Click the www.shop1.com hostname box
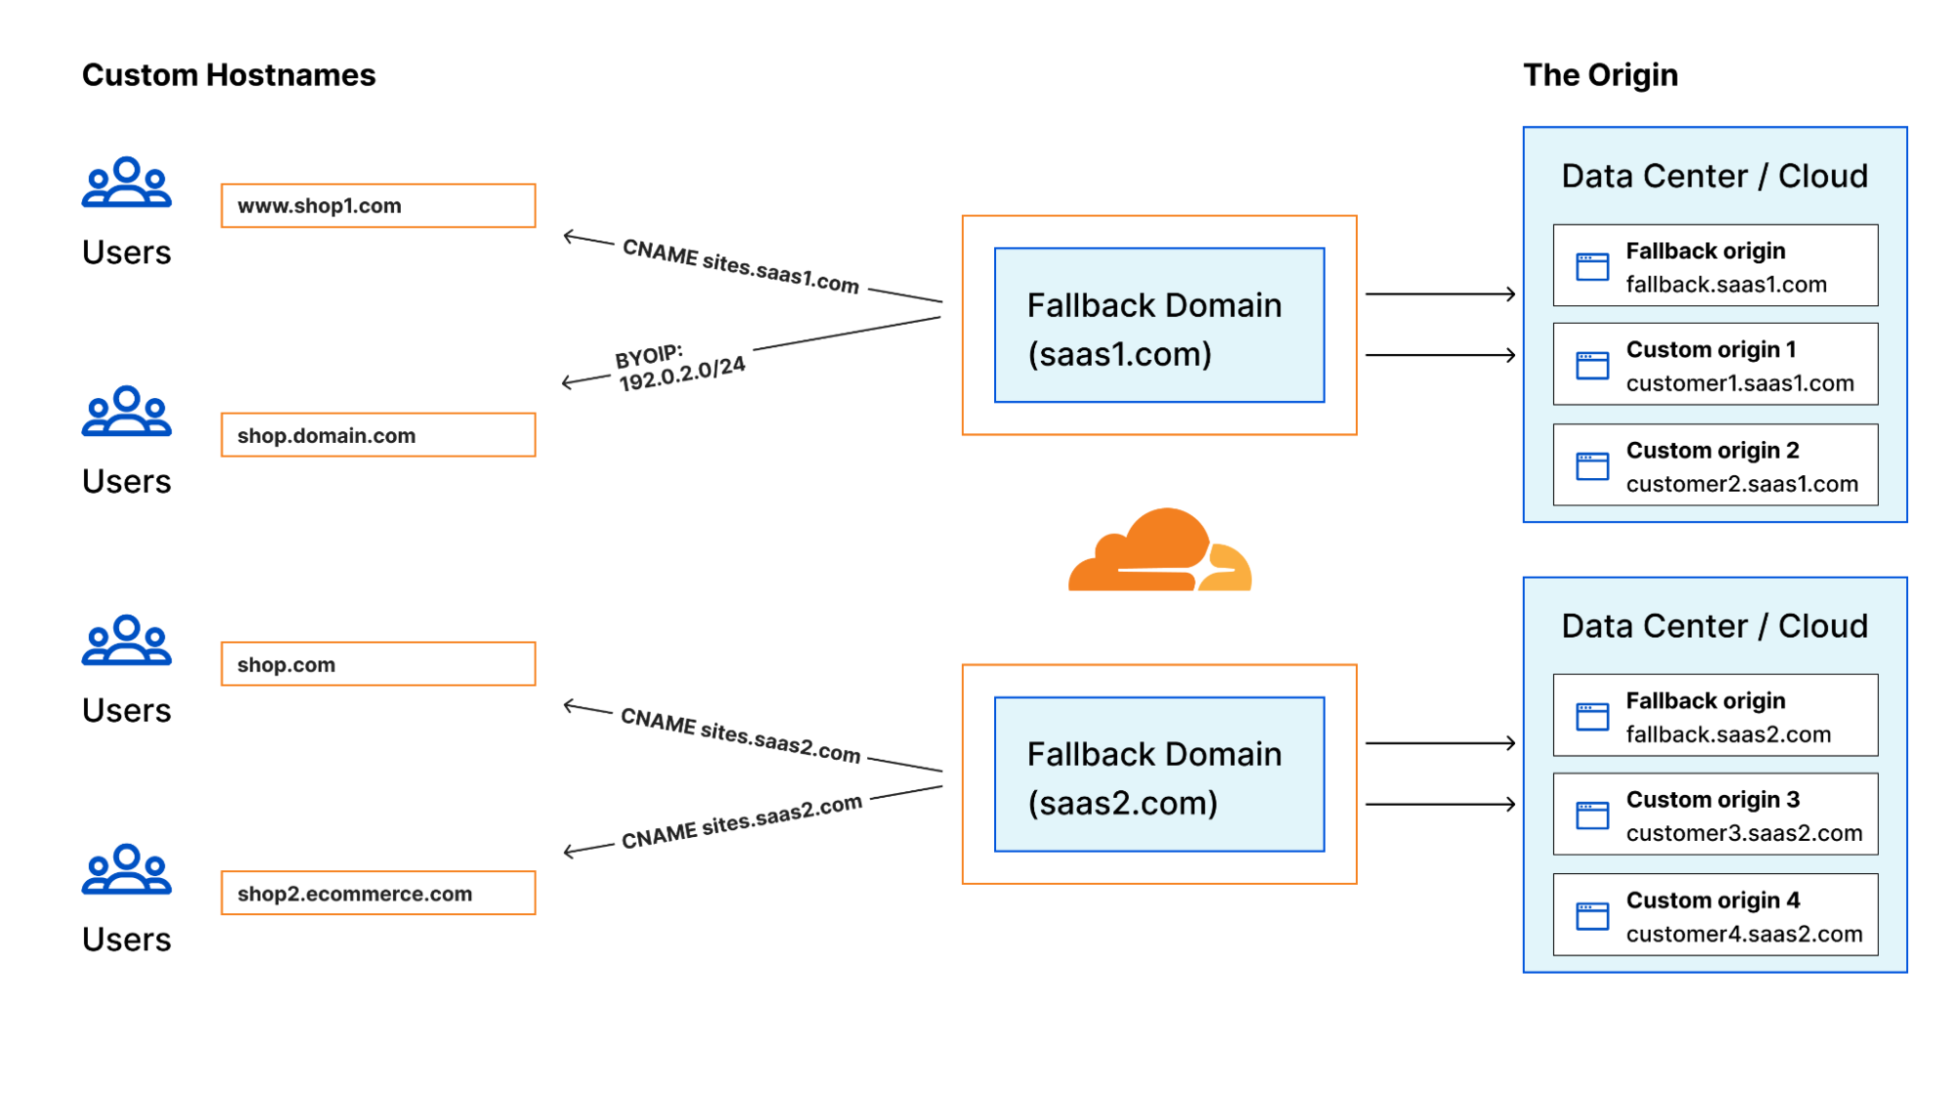pyautogui.click(x=377, y=205)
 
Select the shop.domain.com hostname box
pyautogui.click(x=377, y=435)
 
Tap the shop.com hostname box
pyautogui.click(x=377, y=664)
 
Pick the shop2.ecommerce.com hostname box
pyautogui.click(x=377, y=893)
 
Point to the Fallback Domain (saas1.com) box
pyautogui.click(x=1159, y=326)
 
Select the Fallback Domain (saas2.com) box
pyautogui.click(x=1159, y=774)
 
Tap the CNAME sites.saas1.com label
pyautogui.click(x=740, y=265)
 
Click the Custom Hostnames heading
pyautogui.click(x=229, y=75)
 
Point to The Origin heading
pyautogui.click(x=1600, y=75)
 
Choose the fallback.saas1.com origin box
pyautogui.click(x=1715, y=266)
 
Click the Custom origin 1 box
pyautogui.click(x=1715, y=365)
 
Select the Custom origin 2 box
pyautogui.click(x=1715, y=465)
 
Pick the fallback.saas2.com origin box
pyautogui.click(x=1715, y=716)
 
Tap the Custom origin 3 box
pyautogui.click(x=1715, y=814)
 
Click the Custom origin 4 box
pyautogui.click(x=1715, y=915)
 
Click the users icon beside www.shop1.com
pyautogui.click(x=127, y=183)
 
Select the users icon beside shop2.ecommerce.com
pyautogui.click(x=127, y=870)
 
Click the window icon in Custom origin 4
pyautogui.click(x=1592, y=916)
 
